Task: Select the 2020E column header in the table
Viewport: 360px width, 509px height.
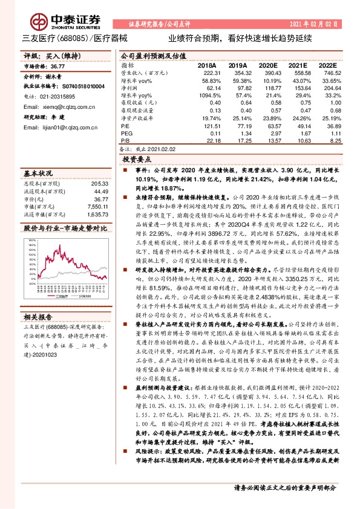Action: point(266,65)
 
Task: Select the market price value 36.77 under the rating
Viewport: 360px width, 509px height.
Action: point(57,67)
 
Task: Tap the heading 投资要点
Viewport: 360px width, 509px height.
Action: point(136,160)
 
